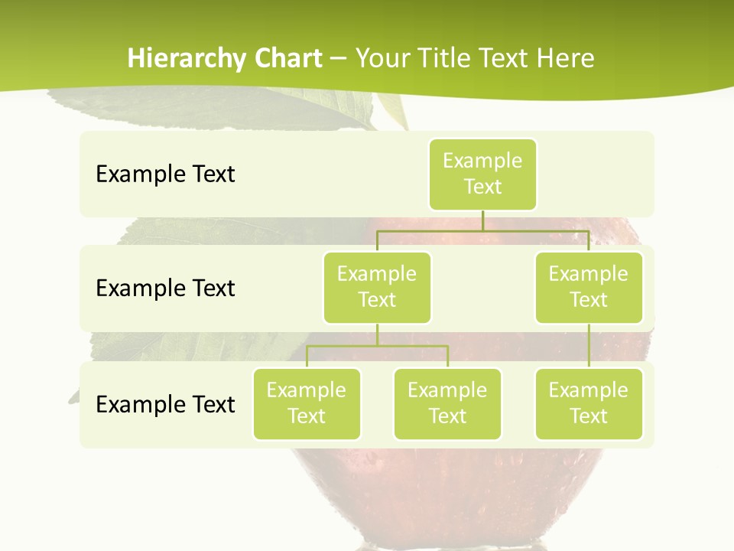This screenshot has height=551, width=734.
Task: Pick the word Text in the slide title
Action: pos(505,59)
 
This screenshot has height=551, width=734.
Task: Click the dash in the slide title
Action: pos(339,60)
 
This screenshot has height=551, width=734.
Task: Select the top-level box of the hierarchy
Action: pos(482,174)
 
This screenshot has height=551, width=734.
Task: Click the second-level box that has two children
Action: pos(377,287)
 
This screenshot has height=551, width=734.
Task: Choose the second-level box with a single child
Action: pos(589,287)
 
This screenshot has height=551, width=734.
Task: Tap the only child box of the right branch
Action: pos(589,403)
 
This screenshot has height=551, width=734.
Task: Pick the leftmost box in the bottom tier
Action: pos(307,403)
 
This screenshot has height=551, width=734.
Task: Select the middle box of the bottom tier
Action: pos(447,403)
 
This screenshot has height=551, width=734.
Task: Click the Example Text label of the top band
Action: pos(165,174)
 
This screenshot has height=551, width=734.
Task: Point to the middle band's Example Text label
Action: pos(165,289)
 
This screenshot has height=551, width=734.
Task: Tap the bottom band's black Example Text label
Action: pos(165,404)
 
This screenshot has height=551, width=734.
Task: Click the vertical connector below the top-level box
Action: pos(482,220)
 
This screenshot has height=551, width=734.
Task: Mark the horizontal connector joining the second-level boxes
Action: pos(482,230)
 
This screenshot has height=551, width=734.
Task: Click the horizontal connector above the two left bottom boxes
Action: pos(377,346)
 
